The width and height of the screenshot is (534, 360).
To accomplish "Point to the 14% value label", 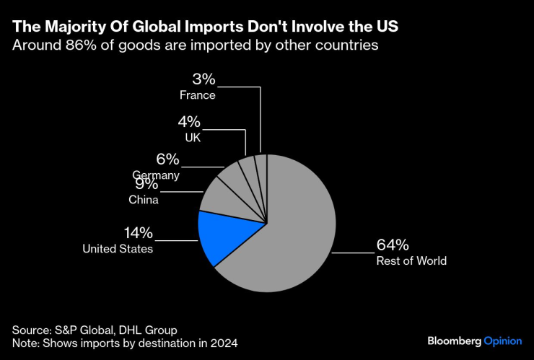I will (137, 232).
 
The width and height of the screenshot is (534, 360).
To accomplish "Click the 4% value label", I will (189, 122).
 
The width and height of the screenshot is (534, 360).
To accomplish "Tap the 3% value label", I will (204, 79).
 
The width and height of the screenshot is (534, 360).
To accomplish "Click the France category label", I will (198, 95).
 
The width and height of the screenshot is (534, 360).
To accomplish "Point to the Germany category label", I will (156, 175).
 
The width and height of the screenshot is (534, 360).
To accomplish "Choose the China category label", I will (144, 200).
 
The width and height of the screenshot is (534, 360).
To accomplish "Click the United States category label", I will (118, 249).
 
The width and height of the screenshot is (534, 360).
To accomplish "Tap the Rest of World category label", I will (411, 260).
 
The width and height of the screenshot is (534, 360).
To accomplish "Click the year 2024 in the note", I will (224, 343).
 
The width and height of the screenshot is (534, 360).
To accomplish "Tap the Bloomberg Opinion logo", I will (473, 340).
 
